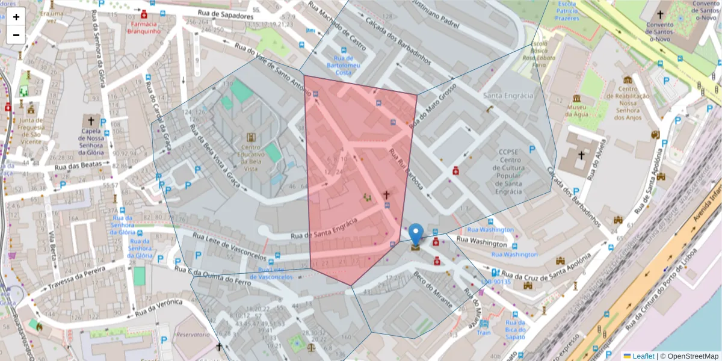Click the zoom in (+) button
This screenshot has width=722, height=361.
pyautogui.click(x=16, y=17)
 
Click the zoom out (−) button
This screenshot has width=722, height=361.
pyautogui.click(x=16, y=35)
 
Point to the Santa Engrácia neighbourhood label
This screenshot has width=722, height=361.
pyautogui.click(x=508, y=96)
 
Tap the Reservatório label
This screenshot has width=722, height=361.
pyautogui.click(x=193, y=334)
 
